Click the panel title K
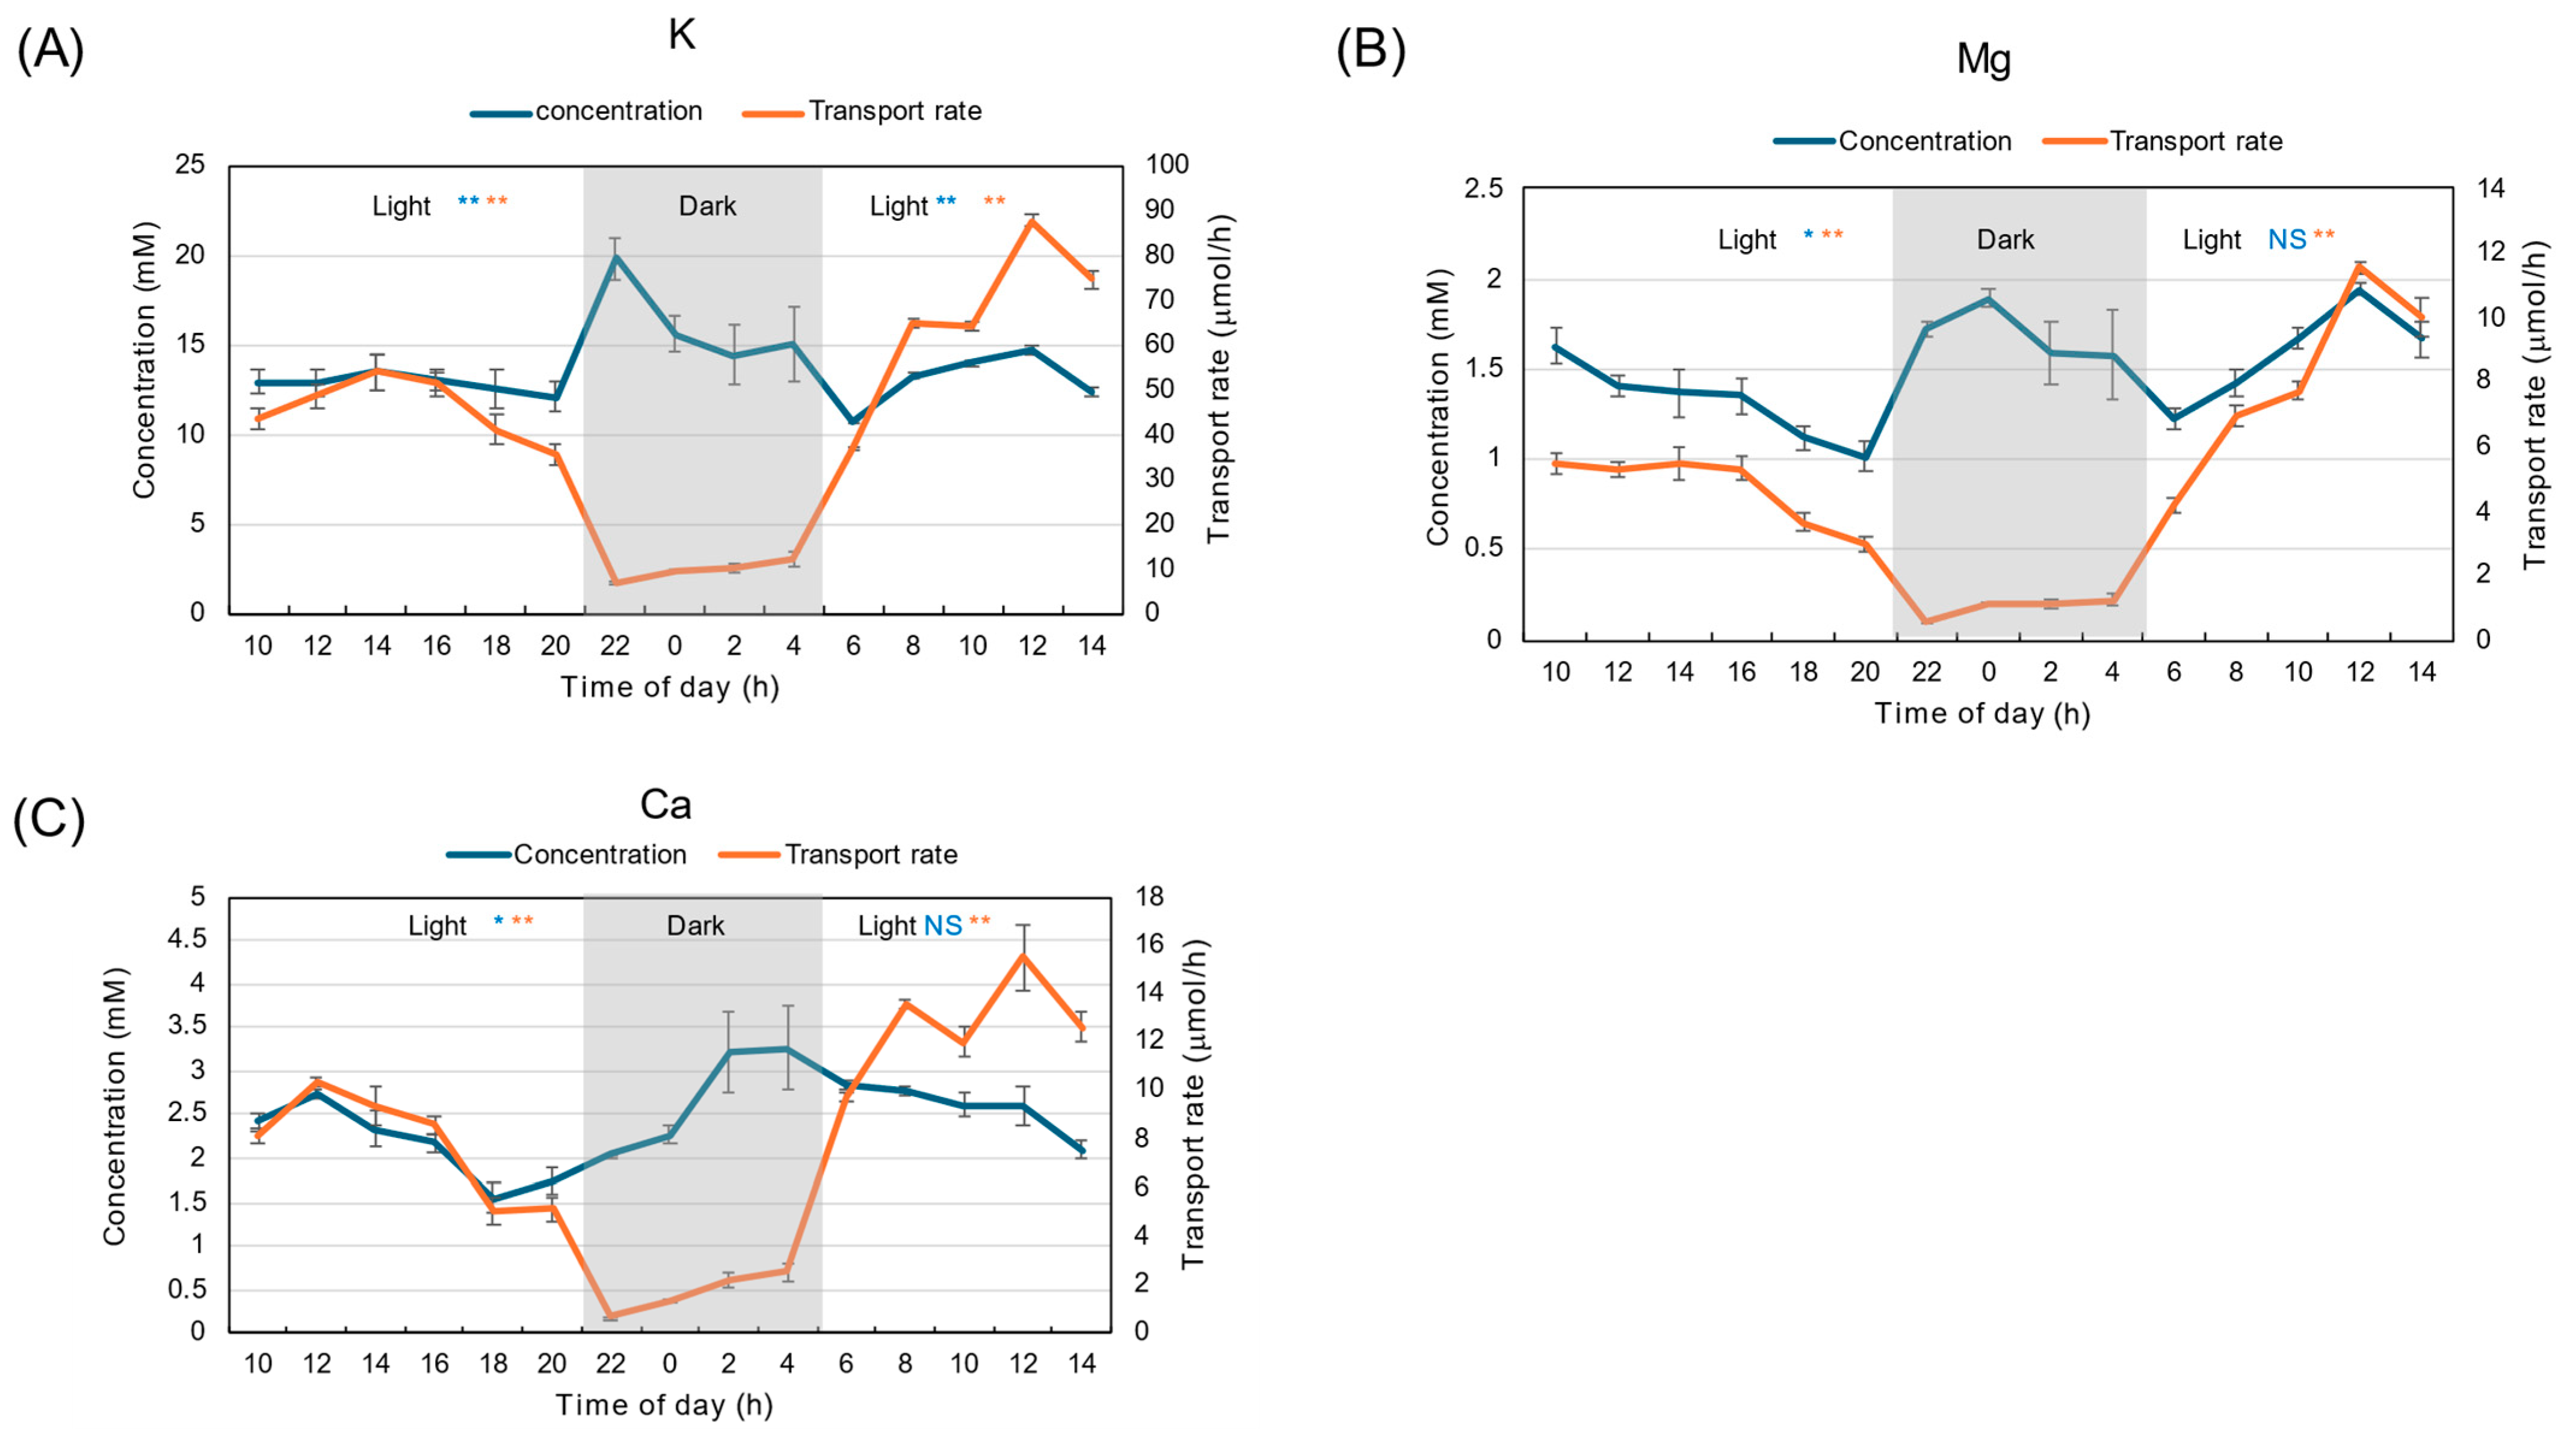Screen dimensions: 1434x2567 (682, 35)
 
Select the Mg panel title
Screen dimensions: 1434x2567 (1983, 60)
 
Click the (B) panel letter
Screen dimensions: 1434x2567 (1371, 50)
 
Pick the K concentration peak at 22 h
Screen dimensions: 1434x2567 (616, 257)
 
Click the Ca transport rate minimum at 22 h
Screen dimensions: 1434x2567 (611, 1317)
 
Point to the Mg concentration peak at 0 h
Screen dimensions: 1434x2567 (1988, 298)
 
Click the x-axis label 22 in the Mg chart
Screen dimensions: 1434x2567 (1926, 673)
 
